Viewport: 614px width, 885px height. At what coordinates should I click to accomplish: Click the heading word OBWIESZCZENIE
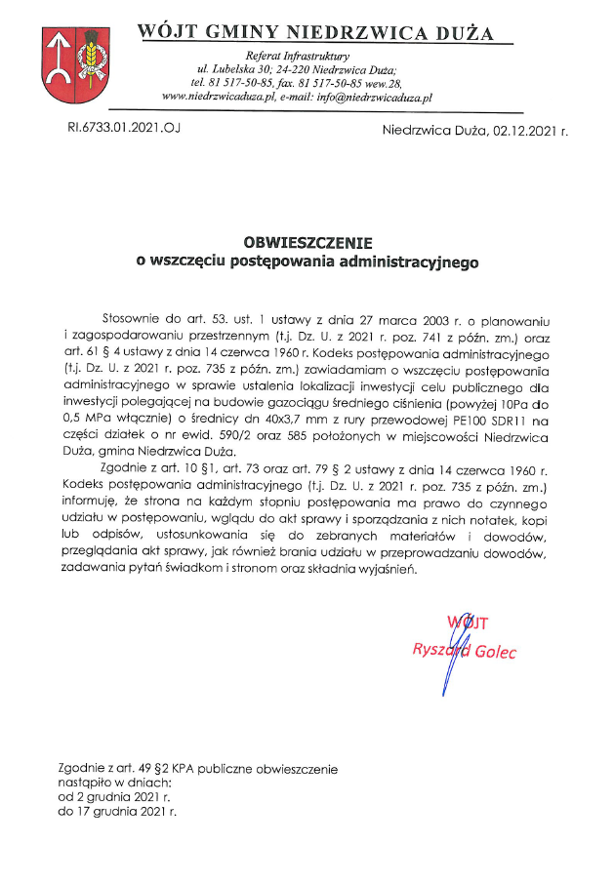308,242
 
